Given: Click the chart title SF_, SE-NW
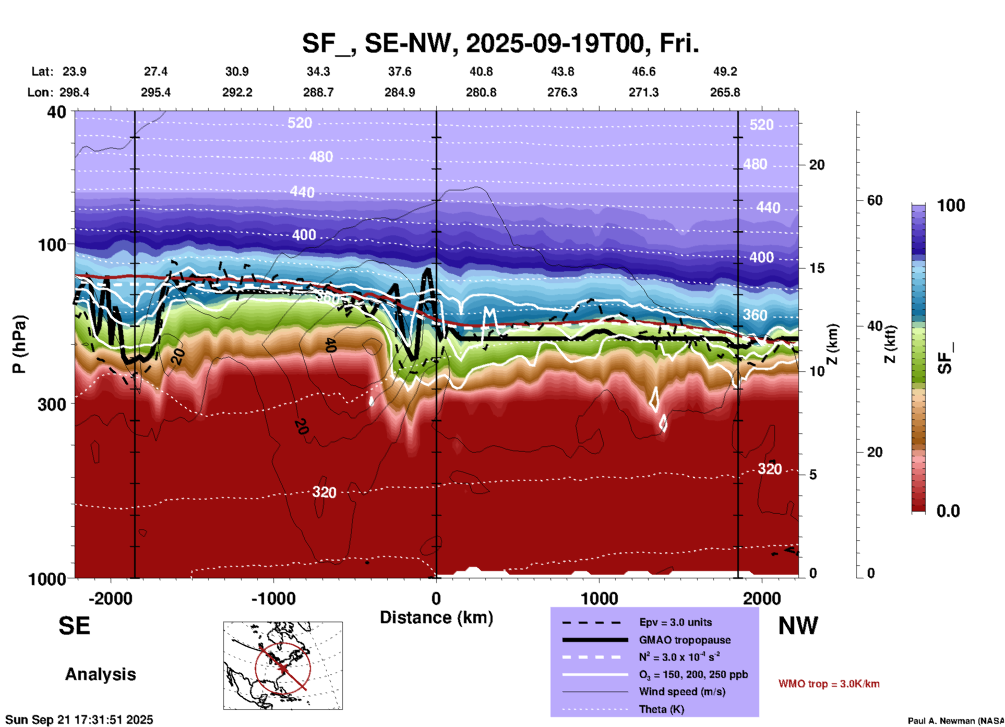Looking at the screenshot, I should click(500, 43).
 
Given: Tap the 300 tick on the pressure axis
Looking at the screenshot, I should click(52, 404).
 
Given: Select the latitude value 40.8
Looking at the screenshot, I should click(481, 71).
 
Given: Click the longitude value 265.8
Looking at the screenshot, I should click(725, 92).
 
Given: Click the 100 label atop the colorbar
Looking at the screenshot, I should click(951, 205).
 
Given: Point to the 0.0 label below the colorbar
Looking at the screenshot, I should click(948, 511).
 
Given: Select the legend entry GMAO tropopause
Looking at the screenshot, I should click(685, 640).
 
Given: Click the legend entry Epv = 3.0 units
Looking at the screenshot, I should click(675, 622).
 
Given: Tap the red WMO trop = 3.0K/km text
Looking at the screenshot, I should click(829, 684).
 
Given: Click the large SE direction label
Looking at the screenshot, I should click(74, 626).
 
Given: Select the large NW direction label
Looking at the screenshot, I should click(798, 626).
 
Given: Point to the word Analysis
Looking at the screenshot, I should click(100, 674).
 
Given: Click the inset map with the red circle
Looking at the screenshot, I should click(283, 665).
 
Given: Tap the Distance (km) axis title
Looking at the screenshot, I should click(436, 617).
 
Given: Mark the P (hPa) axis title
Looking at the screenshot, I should click(19, 344).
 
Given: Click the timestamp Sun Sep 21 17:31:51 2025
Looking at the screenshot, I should click(79, 720).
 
